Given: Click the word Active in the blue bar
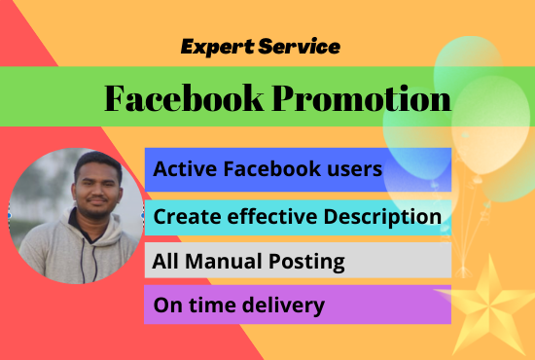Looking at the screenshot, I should click(x=182, y=169).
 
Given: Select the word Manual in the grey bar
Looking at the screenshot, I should click(x=214, y=261).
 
